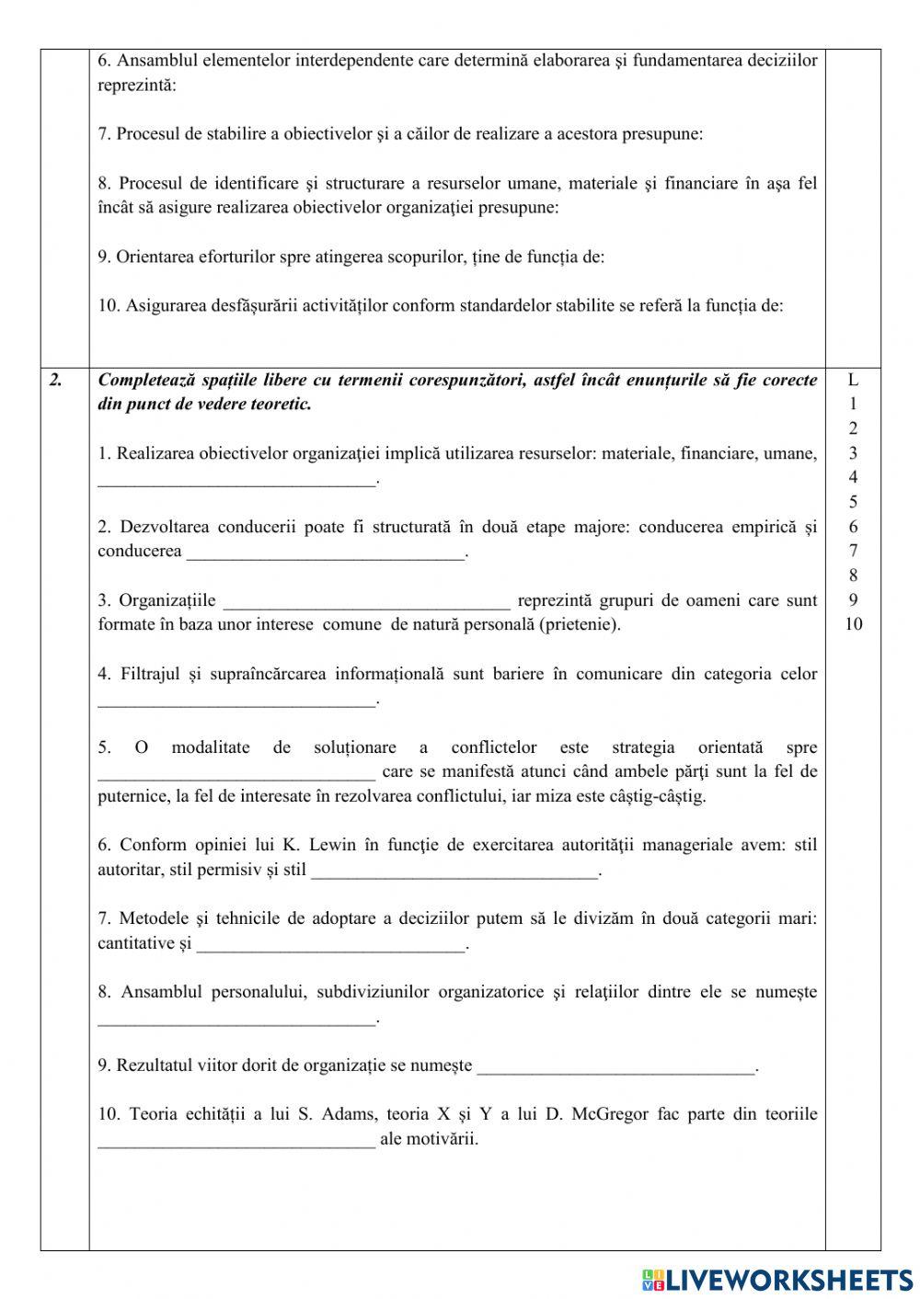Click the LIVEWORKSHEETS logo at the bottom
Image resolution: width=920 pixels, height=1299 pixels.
point(776,1279)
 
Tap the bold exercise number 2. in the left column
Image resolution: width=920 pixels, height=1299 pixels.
point(56,380)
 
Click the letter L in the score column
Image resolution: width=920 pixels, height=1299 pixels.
point(853,379)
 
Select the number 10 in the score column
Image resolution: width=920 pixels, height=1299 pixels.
point(853,624)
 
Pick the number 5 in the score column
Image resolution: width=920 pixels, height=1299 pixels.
point(853,502)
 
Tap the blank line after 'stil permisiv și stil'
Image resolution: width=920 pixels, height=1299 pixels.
point(454,872)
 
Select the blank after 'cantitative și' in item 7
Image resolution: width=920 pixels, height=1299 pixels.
point(331,945)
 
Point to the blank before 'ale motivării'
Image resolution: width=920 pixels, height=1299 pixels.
point(236,1141)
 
